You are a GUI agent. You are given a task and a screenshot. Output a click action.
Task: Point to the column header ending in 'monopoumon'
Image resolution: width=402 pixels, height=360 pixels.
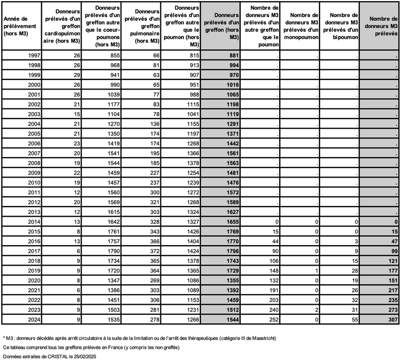(300, 26)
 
